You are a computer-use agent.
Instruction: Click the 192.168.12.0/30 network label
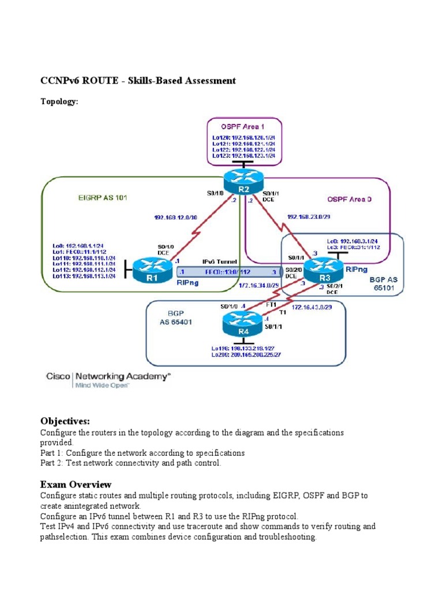[x=176, y=218]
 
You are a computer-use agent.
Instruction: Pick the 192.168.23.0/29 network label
[x=309, y=217]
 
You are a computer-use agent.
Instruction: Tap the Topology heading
[x=59, y=101]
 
